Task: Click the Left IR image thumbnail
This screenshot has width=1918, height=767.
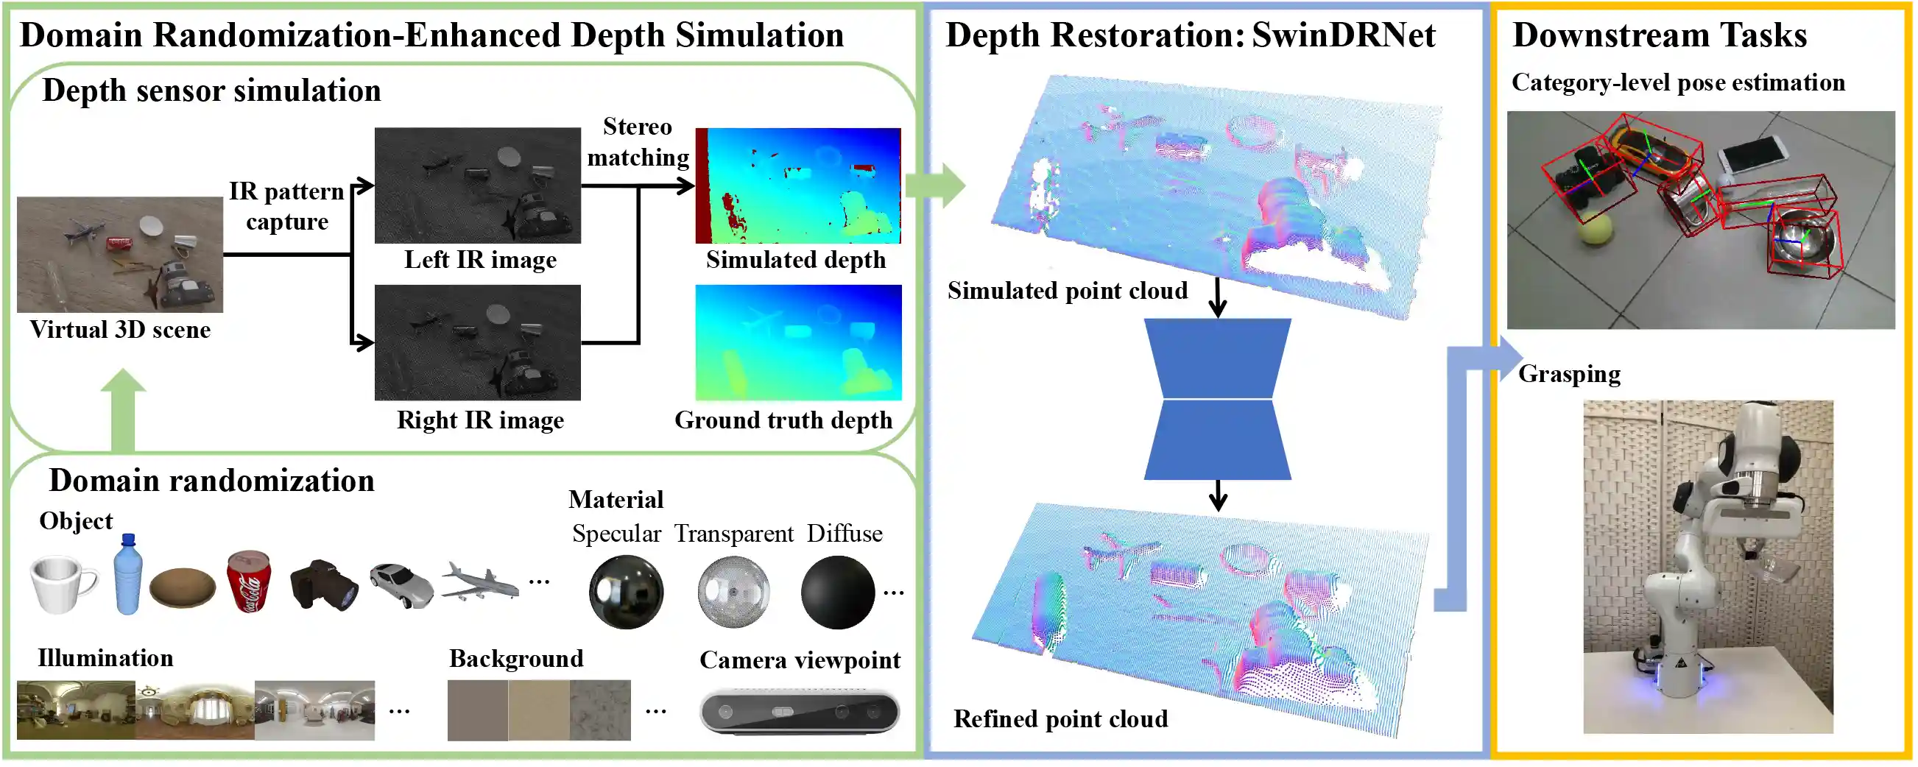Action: point(477,185)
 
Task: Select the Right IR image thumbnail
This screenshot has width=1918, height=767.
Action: point(477,342)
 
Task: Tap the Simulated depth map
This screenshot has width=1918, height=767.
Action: point(797,185)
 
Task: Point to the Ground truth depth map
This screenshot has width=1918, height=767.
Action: point(798,342)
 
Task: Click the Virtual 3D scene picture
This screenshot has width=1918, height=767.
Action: point(120,255)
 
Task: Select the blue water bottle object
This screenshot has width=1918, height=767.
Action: point(128,574)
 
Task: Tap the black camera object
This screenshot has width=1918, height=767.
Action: point(323,585)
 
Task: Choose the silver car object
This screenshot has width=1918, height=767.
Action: point(401,585)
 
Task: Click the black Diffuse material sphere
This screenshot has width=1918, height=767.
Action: point(838,593)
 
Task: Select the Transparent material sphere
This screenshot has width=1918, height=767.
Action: point(733,593)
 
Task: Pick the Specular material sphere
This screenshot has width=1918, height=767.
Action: point(625,593)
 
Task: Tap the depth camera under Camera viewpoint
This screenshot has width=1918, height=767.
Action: point(800,712)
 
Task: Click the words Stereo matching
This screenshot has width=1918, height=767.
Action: point(638,141)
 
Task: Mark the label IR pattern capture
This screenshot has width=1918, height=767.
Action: point(286,206)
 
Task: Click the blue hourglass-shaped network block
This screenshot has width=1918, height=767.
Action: point(1217,399)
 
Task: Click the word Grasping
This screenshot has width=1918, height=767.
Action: point(1569,374)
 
